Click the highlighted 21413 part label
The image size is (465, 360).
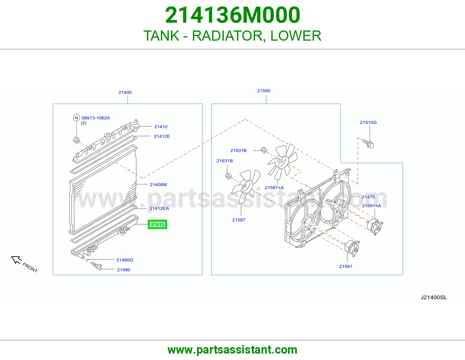coord(157,224)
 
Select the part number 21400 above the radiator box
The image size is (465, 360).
coord(125,92)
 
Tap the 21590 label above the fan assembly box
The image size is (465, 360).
coord(264,91)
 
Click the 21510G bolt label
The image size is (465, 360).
coord(368,122)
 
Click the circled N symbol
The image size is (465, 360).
coord(76,118)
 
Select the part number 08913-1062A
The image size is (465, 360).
coord(96,118)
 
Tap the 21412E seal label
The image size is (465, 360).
coord(162,136)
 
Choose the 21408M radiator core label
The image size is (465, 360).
coord(158,184)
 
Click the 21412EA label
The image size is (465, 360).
coord(159,208)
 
